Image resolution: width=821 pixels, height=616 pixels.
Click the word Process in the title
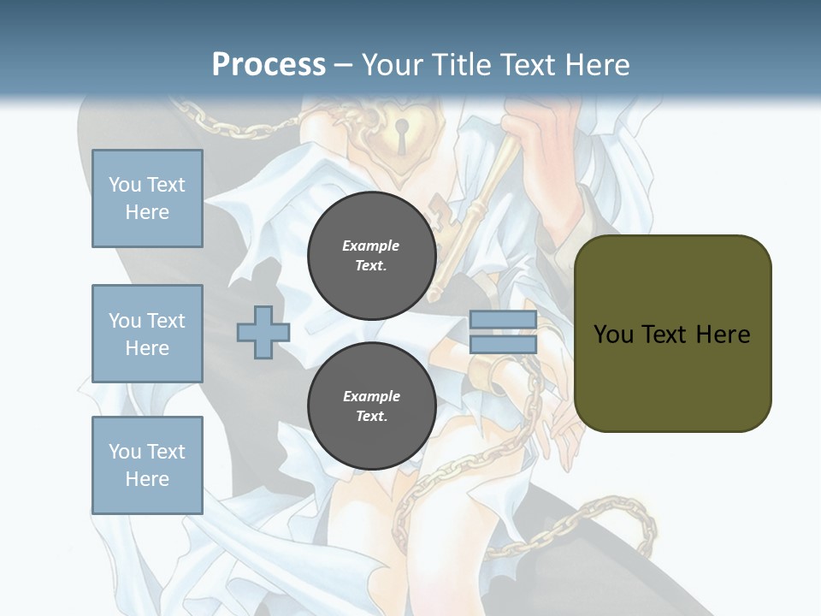click(269, 64)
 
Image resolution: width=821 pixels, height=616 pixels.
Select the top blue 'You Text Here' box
click(147, 198)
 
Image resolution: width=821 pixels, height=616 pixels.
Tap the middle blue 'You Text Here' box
click(147, 334)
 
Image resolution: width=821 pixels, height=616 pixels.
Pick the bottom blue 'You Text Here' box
click(147, 465)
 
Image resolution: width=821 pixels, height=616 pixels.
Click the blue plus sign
click(263, 333)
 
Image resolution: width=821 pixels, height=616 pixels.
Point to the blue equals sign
click(503, 332)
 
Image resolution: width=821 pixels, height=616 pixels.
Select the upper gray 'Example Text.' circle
click(371, 256)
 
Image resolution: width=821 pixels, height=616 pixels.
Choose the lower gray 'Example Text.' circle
click(371, 406)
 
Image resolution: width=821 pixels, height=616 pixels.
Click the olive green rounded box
click(672, 334)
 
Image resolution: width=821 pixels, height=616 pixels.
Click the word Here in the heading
click(597, 65)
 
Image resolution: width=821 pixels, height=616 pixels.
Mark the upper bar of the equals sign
click(503, 320)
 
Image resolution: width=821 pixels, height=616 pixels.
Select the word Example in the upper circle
click(371, 246)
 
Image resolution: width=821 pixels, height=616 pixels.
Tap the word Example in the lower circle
click(371, 396)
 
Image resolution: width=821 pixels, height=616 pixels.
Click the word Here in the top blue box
click(147, 212)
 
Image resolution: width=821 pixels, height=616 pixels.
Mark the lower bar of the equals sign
click(503, 344)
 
